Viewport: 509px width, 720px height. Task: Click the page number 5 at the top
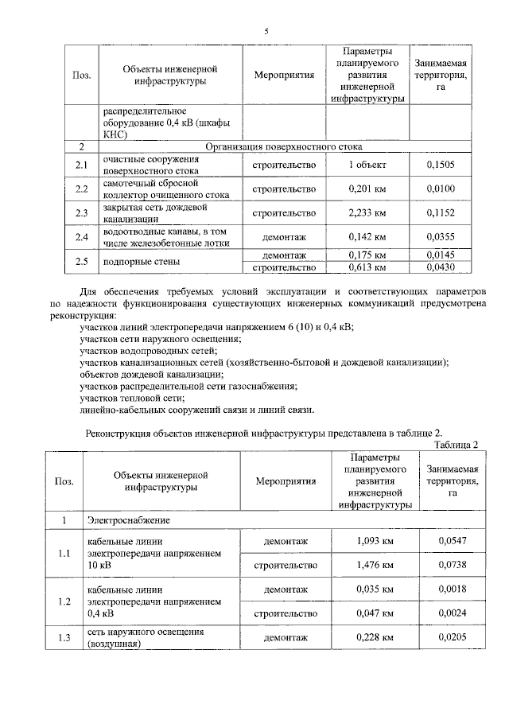tap(266, 31)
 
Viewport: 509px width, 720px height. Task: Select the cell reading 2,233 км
tap(367, 212)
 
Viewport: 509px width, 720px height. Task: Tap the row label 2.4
tap(80, 236)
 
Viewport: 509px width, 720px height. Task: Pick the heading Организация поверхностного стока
tap(284, 147)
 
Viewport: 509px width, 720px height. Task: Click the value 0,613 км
tap(367, 268)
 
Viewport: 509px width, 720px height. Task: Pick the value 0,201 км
tap(367, 189)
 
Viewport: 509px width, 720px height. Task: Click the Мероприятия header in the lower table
tap(286, 481)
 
